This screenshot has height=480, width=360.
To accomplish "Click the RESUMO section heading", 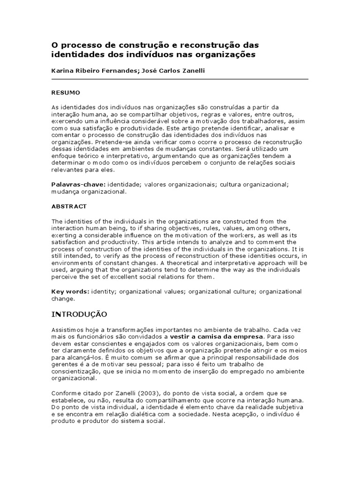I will (66, 92).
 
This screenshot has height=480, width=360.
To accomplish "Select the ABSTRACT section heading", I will (69, 206).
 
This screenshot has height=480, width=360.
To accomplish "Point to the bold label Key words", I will (70, 292).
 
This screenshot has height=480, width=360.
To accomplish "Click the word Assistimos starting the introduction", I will (67, 330).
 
